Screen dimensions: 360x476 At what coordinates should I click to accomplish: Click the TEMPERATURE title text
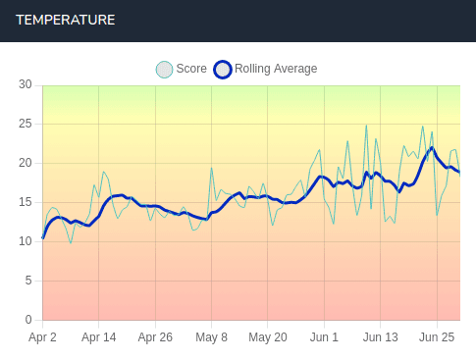pos(65,21)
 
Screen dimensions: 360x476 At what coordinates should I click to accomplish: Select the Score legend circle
pos(164,69)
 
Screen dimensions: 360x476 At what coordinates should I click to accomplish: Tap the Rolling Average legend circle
pos(223,69)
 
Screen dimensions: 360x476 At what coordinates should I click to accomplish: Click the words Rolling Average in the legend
pos(276,69)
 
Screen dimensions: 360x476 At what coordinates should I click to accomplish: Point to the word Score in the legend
pos(191,69)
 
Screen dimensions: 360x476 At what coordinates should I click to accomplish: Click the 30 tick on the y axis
pos(26,84)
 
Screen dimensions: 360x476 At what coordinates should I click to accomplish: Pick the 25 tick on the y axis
pos(26,124)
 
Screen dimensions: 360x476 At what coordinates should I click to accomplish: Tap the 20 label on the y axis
pos(26,163)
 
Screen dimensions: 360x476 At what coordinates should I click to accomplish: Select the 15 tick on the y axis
pos(26,202)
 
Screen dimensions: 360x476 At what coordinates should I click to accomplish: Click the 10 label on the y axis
pos(26,241)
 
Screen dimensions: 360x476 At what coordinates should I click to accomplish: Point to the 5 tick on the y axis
pos(28,281)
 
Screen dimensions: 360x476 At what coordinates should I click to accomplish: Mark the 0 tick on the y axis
pos(28,320)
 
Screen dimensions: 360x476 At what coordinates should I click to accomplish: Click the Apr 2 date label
pos(42,337)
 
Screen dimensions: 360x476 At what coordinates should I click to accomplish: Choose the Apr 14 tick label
pos(98,337)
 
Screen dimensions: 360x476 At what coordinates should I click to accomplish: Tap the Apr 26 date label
pos(155,337)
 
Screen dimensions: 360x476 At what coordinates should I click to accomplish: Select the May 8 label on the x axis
pos(211,337)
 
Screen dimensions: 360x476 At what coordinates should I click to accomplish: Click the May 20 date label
pos(267,337)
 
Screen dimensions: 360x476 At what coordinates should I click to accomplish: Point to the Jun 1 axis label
pos(324,337)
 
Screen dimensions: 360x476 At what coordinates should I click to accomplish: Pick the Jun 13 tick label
pos(380,337)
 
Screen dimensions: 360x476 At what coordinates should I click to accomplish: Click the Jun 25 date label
pos(436,337)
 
